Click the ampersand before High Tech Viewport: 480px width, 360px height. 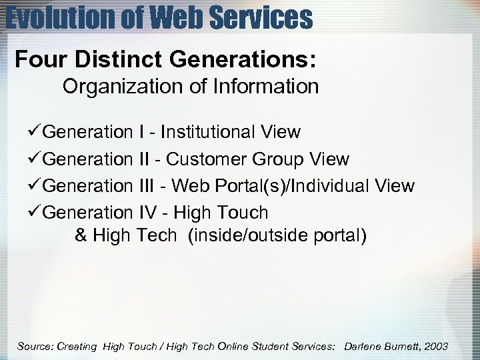[81, 235]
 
